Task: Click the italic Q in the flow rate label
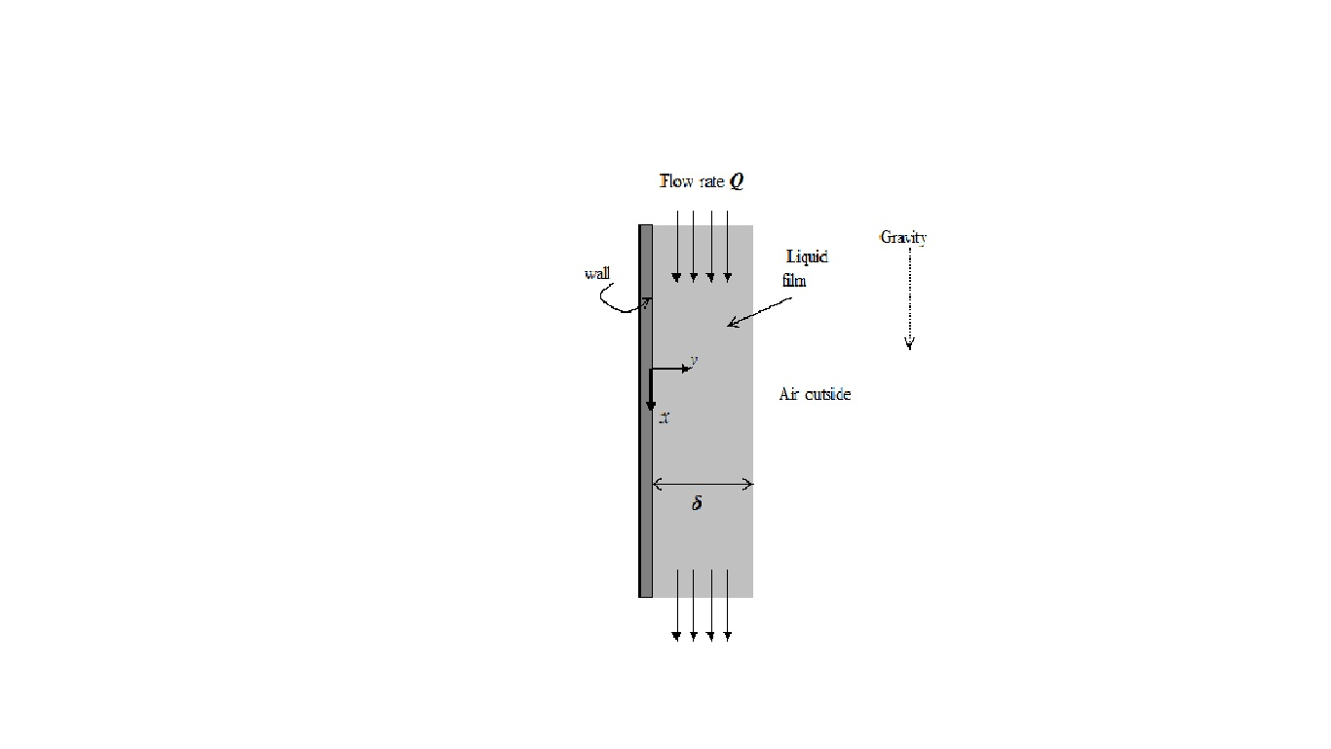click(x=737, y=182)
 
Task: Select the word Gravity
click(x=903, y=237)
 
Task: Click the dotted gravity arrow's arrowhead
click(x=909, y=342)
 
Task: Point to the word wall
click(x=597, y=273)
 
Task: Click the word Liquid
click(x=808, y=256)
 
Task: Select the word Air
click(x=789, y=394)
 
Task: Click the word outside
click(x=827, y=394)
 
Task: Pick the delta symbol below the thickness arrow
click(x=697, y=504)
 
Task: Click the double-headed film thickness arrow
click(x=702, y=484)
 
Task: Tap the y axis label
click(x=693, y=361)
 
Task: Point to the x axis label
click(x=664, y=418)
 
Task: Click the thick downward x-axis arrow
click(x=651, y=390)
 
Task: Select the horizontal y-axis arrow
click(x=670, y=370)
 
